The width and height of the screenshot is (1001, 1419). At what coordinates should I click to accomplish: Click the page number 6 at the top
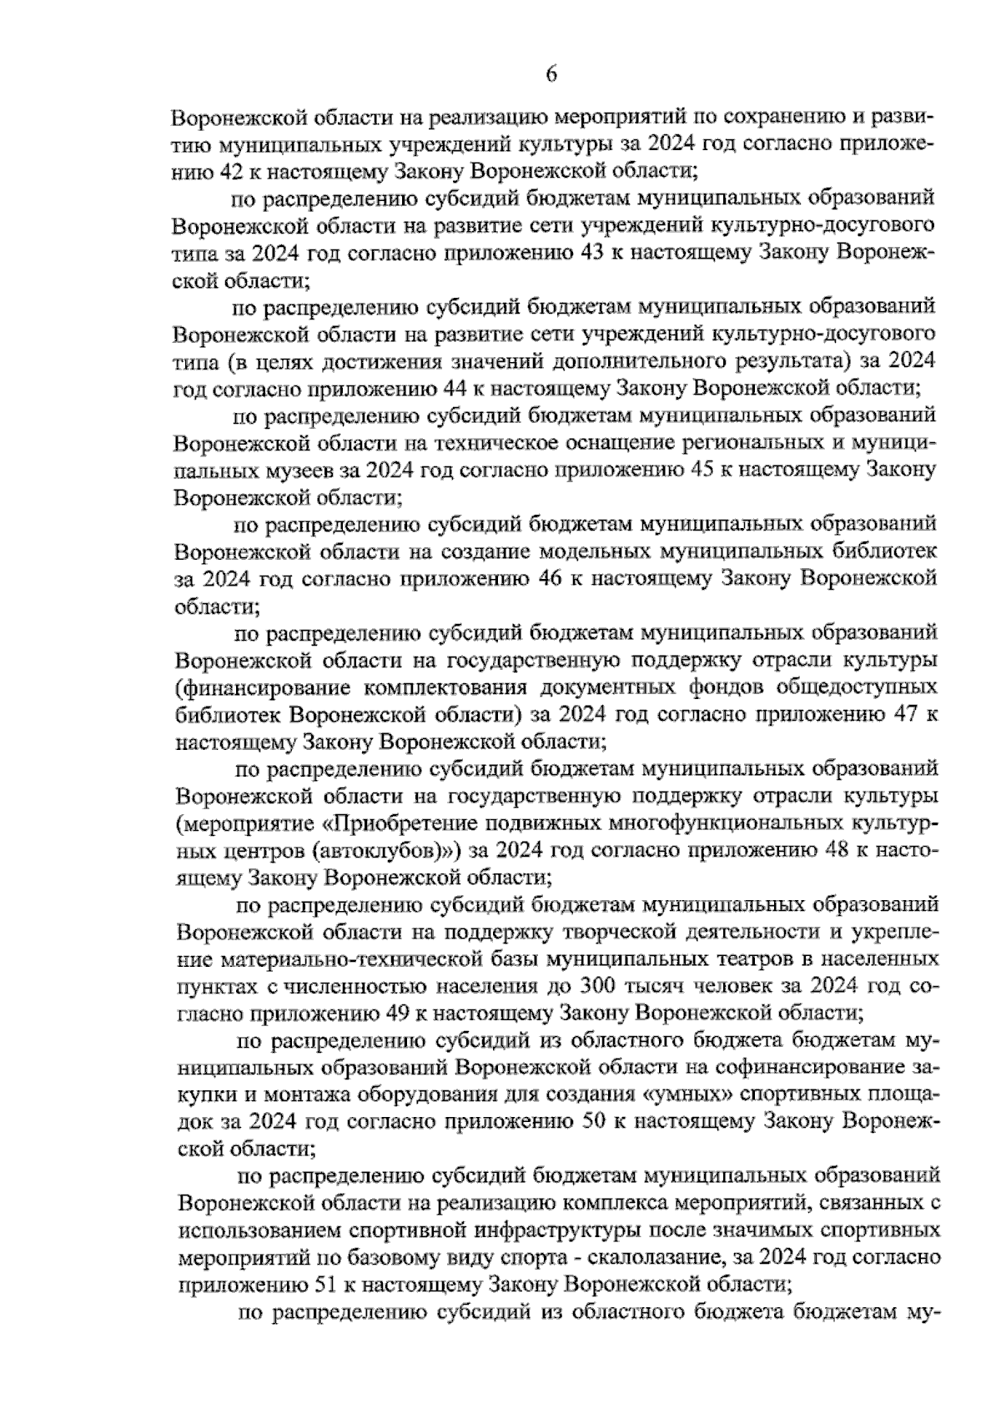[x=551, y=74]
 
